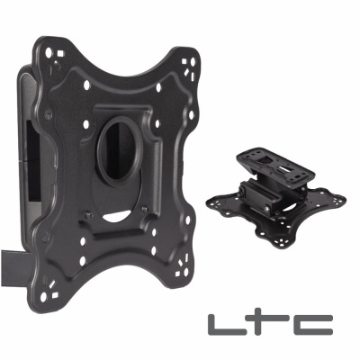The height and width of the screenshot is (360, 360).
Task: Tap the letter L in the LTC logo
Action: (x=220, y=324)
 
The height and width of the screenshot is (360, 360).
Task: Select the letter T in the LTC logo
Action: (x=265, y=323)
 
